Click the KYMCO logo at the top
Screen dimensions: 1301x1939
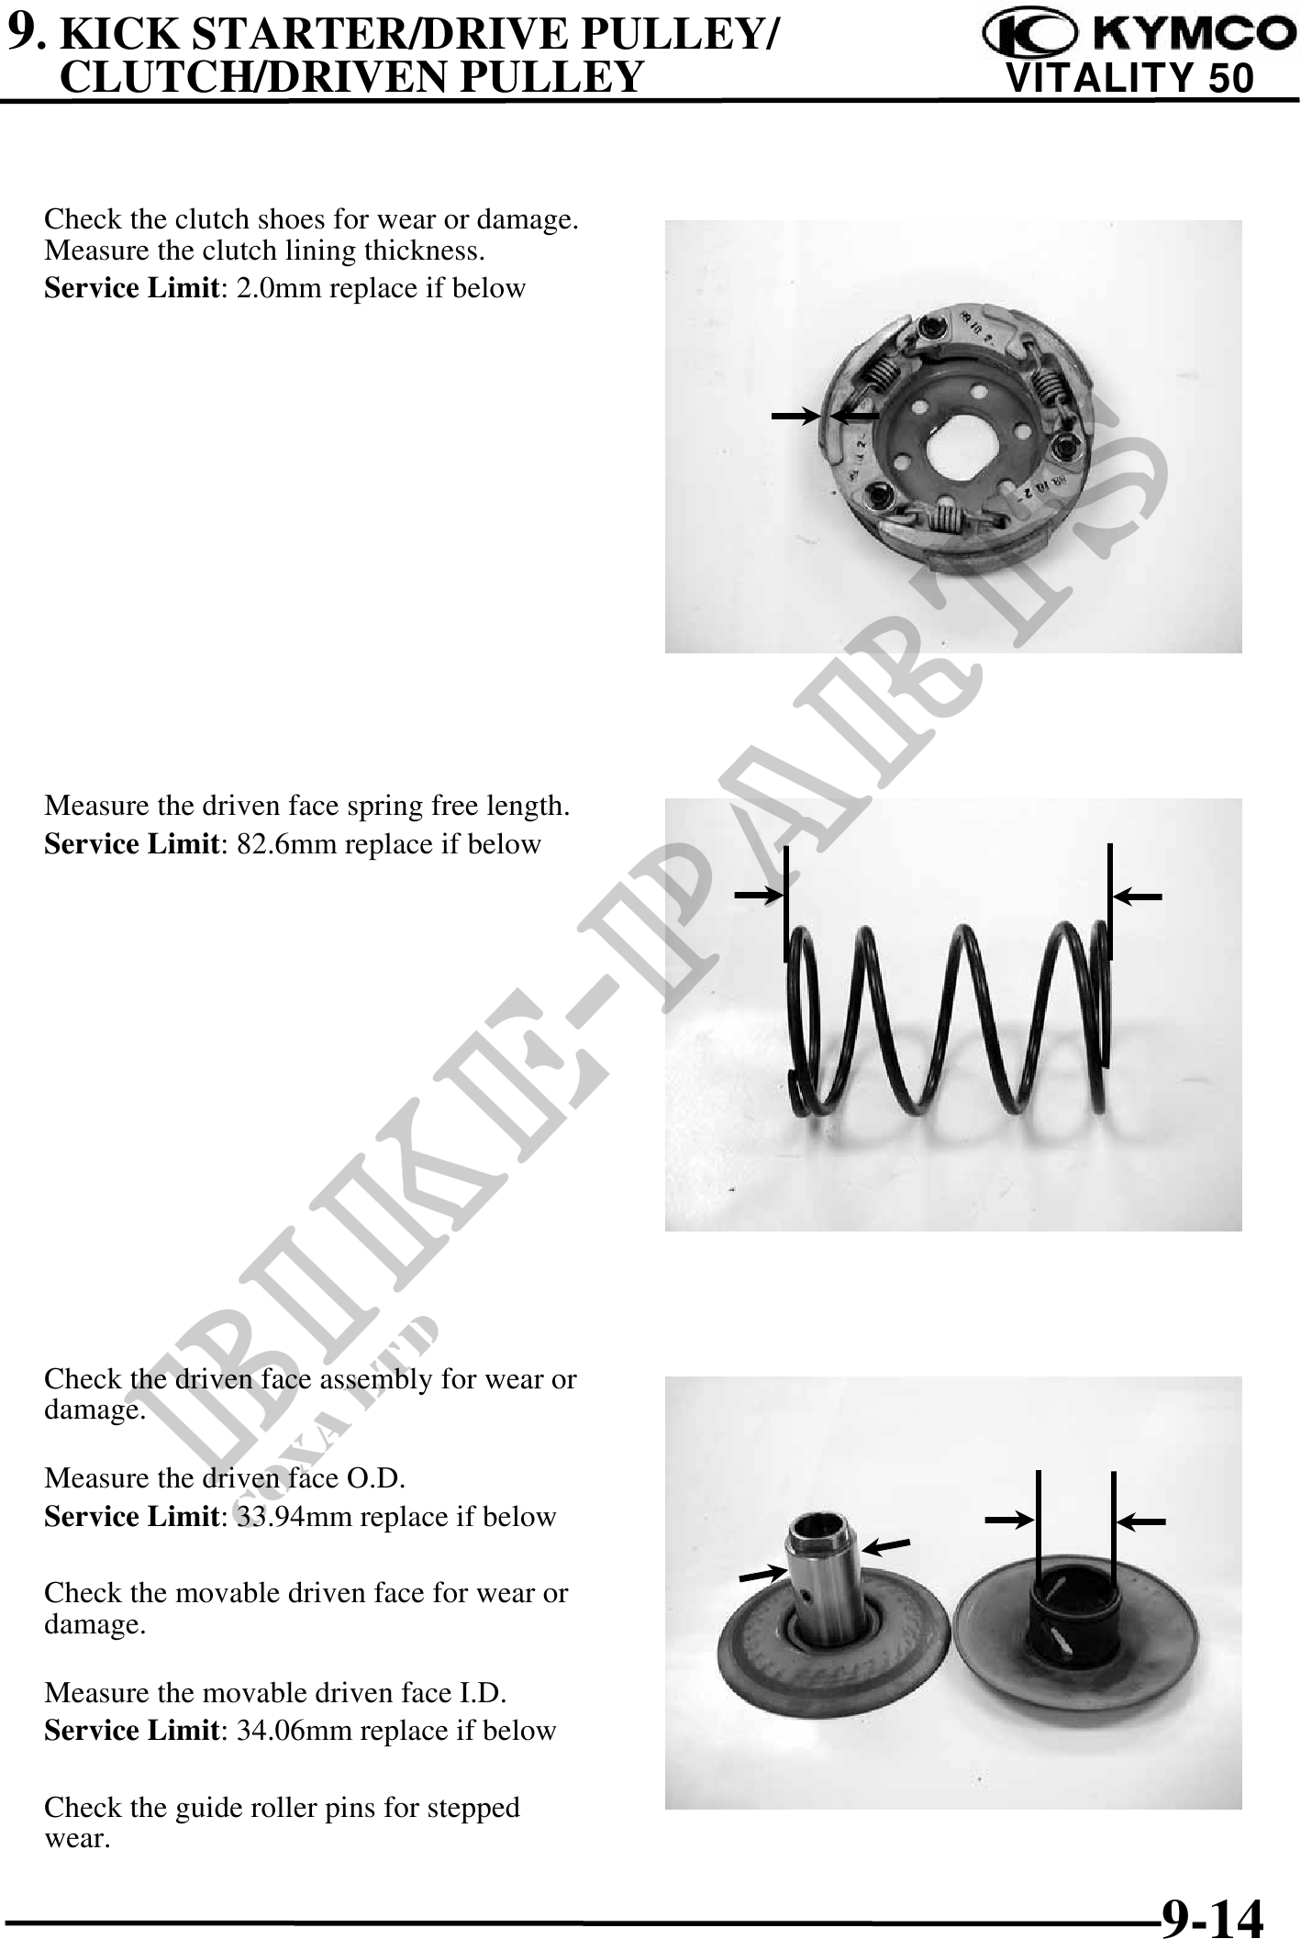[x=1133, y=34]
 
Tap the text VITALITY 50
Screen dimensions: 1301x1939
[x=1130, y=79]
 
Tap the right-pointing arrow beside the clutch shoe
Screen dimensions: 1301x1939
[x=795, y=417]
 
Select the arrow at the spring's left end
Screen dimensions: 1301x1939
[x=758, y=894]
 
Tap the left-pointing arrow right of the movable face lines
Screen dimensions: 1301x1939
[x=1141, y=1521]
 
